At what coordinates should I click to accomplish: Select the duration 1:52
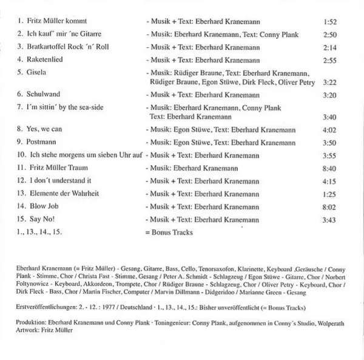tap(330, 22)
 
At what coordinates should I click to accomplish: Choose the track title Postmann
tap(40, 142)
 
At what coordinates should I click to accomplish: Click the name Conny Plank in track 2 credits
tap(285, 34)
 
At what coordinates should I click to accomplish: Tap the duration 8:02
tap(330, 206)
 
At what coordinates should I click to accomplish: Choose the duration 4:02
tap(330, 130)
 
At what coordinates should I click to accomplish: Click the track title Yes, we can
tap(44, 130)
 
